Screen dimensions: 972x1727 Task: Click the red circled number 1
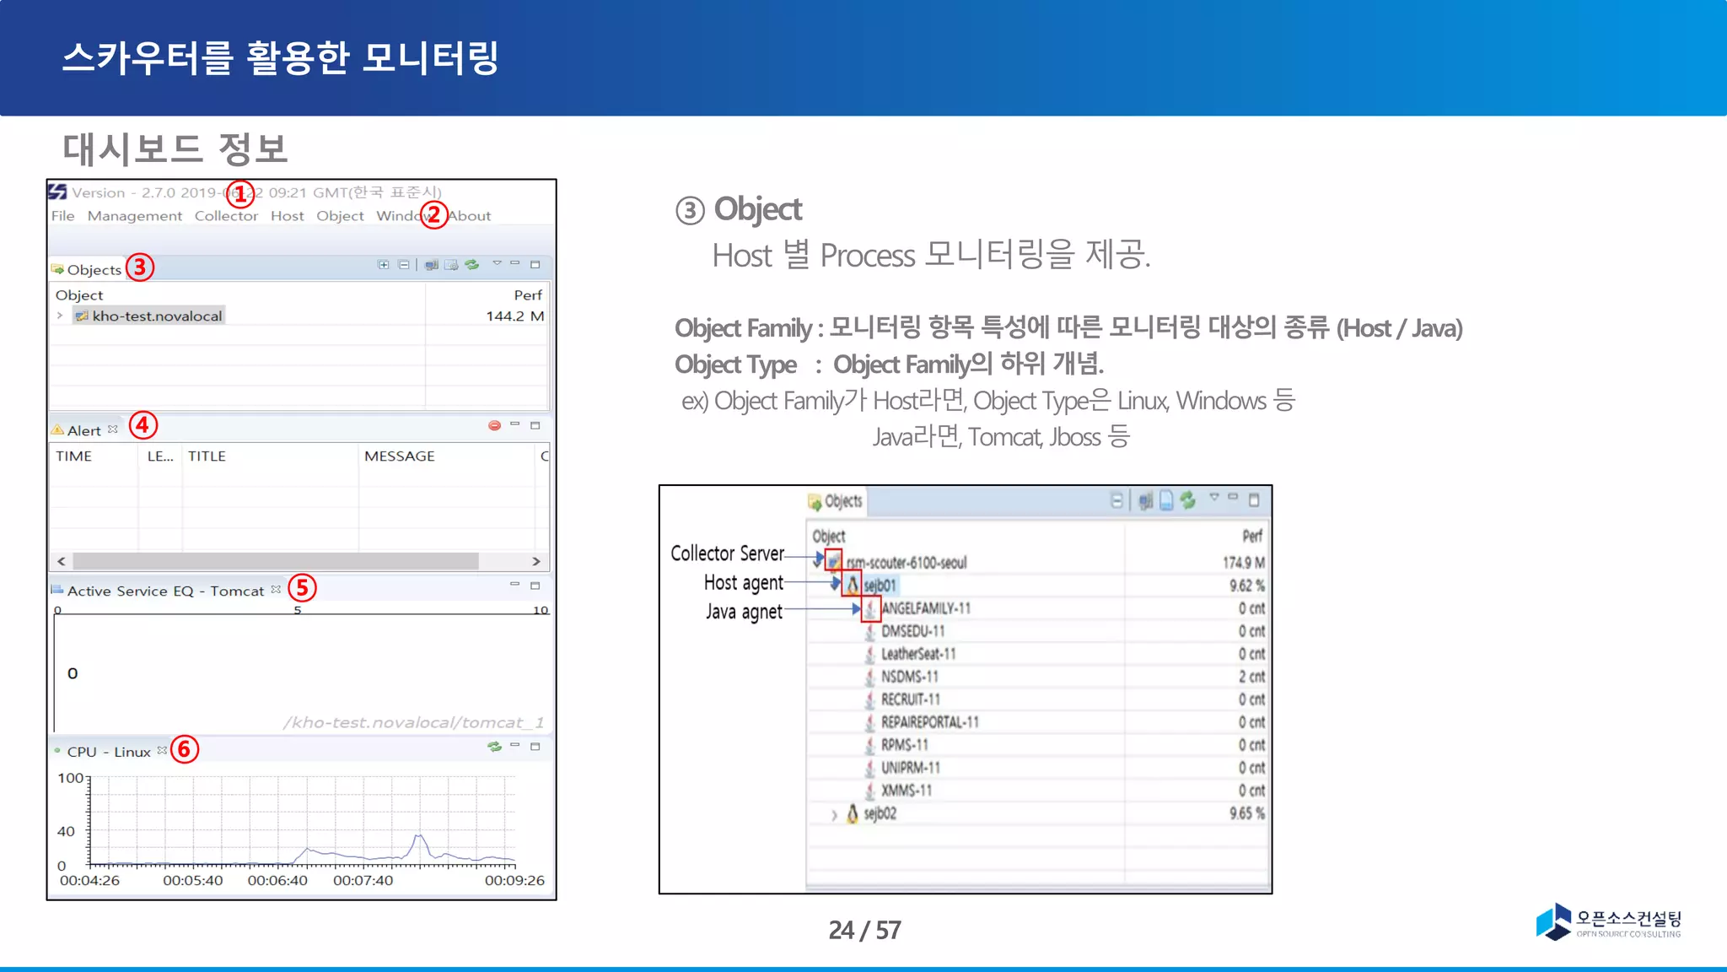240,194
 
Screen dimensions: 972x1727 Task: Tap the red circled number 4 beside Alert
143,424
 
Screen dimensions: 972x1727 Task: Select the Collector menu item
226,216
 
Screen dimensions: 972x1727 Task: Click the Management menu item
135,216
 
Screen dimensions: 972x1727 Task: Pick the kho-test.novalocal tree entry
157,316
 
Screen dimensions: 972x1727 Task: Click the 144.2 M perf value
514,316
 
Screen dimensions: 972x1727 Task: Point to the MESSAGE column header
400,456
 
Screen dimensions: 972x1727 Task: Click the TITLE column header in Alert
207,456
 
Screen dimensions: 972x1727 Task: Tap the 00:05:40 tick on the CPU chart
193,881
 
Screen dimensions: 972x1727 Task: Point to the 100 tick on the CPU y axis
71,778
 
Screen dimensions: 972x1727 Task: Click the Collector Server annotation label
727,553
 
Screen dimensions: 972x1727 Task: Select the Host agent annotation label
743,583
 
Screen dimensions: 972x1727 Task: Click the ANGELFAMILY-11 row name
926,608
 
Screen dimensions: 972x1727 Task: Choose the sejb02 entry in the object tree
880,814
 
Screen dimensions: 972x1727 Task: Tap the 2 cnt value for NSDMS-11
1251,677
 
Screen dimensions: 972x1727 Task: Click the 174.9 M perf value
1243,563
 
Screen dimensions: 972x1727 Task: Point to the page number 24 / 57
864,930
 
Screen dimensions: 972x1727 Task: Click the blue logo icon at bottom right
1553,921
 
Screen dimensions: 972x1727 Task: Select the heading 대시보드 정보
175,149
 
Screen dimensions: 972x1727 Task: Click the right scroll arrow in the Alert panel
536,561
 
